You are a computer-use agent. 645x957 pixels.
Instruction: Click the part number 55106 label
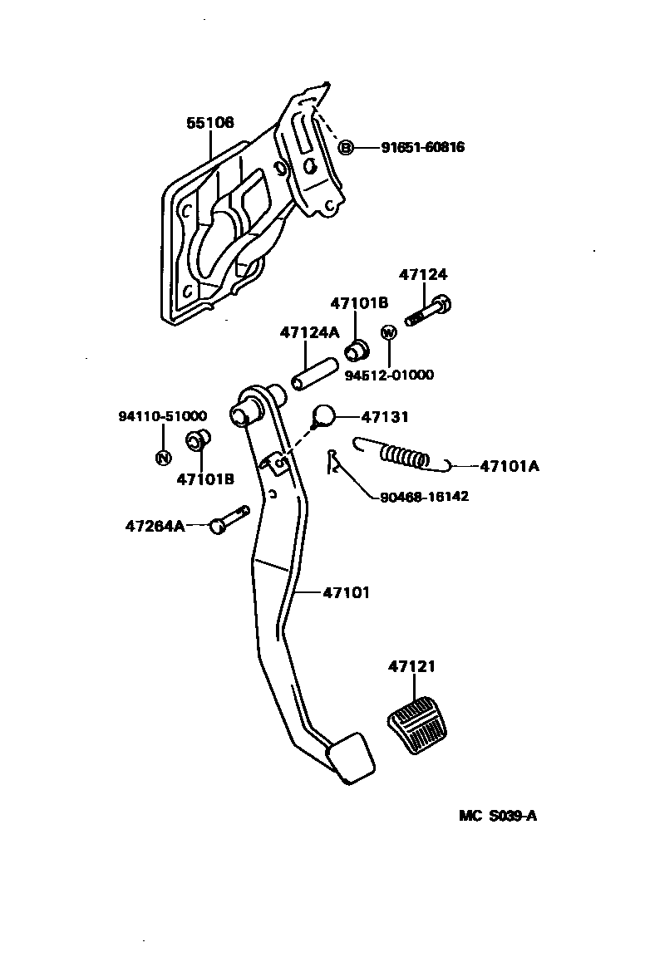coord(209,123)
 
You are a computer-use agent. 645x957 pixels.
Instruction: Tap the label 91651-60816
coord(422,147)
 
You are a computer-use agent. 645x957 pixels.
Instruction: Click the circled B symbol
coord(346,147)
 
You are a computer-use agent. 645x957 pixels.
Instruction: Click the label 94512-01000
coord(389,375)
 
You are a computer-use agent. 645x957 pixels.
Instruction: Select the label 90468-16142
coord(424,497)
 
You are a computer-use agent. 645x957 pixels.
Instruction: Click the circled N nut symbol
coord(163,457)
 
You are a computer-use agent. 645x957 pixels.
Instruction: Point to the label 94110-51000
coord(162,416)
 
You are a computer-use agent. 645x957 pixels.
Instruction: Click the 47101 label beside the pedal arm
coord(346,593)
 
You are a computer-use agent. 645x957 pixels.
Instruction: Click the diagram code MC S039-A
coord(498,816)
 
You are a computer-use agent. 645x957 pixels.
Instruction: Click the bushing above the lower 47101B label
coord(197,440)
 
